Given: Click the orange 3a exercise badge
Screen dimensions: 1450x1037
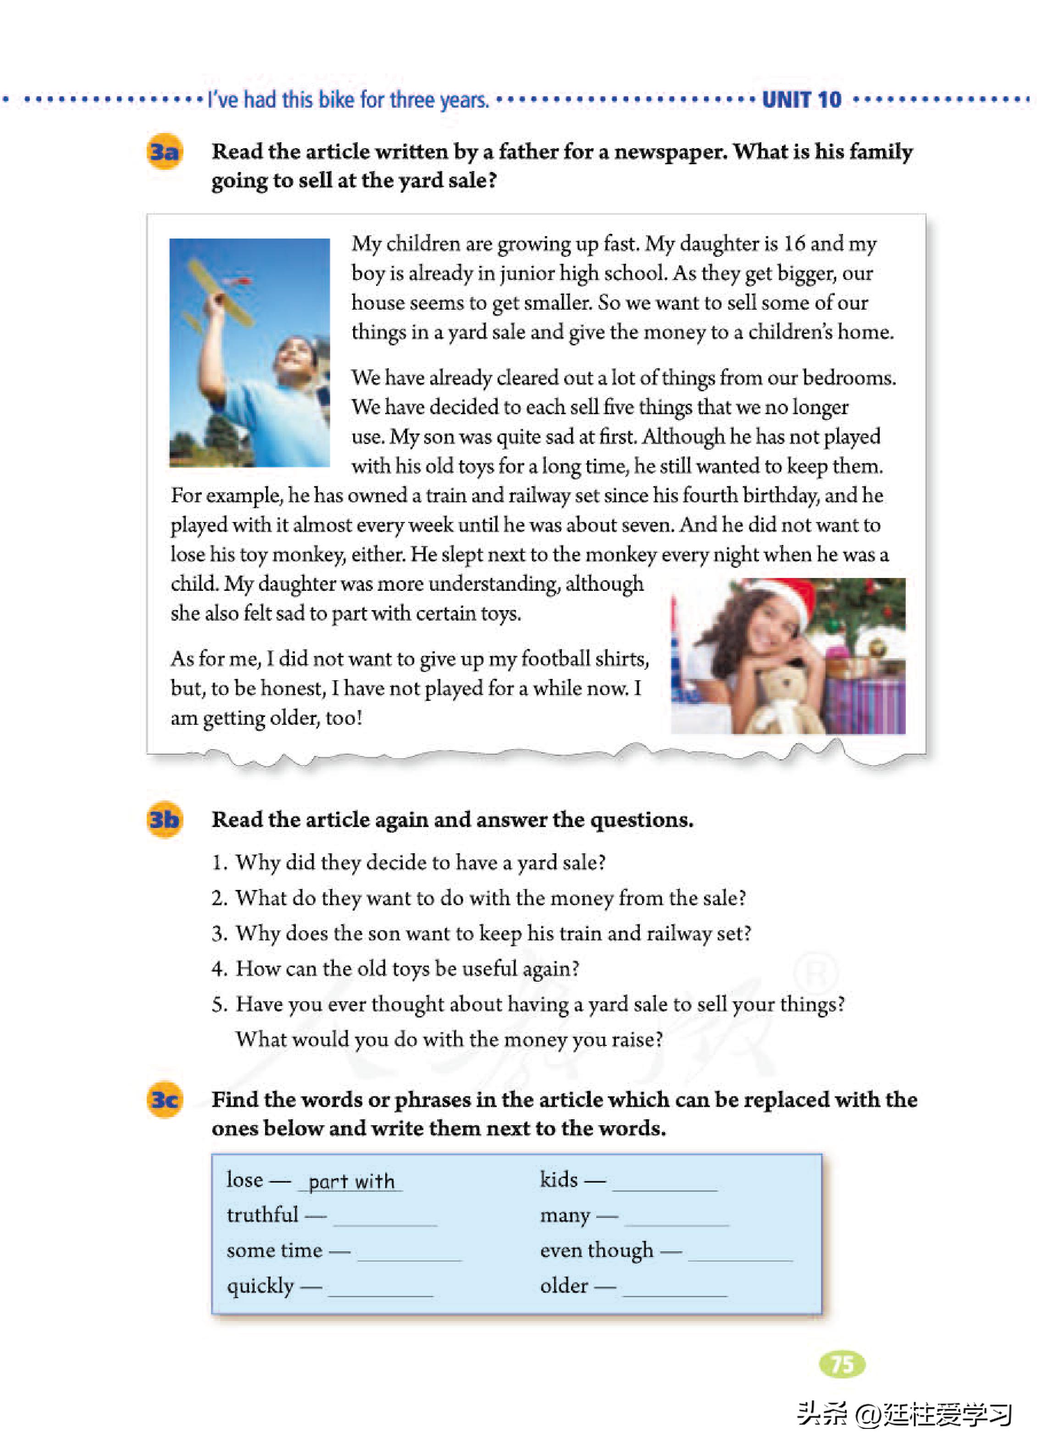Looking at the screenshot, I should [164, 152].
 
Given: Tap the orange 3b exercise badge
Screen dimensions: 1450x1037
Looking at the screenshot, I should [164, 819].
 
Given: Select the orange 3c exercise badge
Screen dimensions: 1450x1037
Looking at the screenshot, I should [164, 1100].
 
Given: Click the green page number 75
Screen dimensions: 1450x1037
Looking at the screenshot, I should [842, 1364].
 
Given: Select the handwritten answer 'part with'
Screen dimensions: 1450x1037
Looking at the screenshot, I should [350, 1181].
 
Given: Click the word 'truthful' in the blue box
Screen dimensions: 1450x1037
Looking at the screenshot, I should [262, 1214].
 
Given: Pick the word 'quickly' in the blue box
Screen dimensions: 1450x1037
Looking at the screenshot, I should [261, 1285].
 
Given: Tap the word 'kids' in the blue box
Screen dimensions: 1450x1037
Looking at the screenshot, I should [558, 1179].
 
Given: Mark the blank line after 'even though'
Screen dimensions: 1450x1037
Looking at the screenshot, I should [740, 1259].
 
